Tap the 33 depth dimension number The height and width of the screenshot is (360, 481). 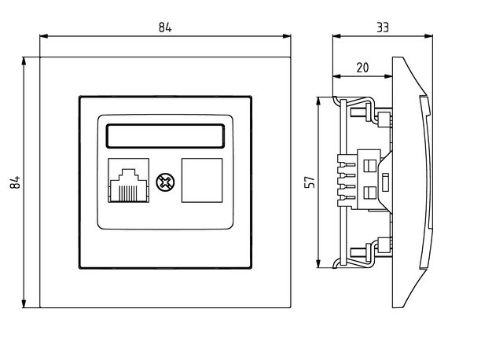coord(383,27)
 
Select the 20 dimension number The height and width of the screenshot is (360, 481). coord(362,68)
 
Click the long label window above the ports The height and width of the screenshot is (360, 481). coord(166,136)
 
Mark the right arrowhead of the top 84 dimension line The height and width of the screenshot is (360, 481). coord(288,36)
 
